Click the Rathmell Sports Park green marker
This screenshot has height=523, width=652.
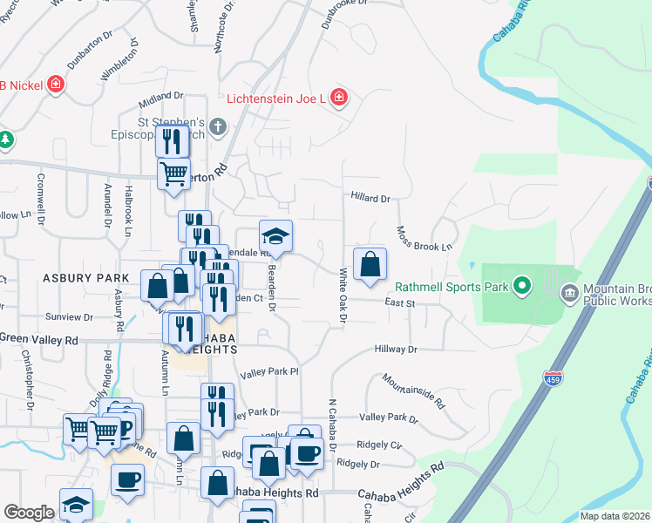pos(522,285)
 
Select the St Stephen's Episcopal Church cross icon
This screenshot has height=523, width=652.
pos(217,128)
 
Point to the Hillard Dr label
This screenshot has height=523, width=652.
pos(370,199)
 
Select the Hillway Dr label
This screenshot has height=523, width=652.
pos(396,349)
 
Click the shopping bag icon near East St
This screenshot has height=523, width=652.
pos(370,263)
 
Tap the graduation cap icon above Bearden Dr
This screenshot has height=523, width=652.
pos(275,236)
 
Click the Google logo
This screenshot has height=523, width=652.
pos(29,513)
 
